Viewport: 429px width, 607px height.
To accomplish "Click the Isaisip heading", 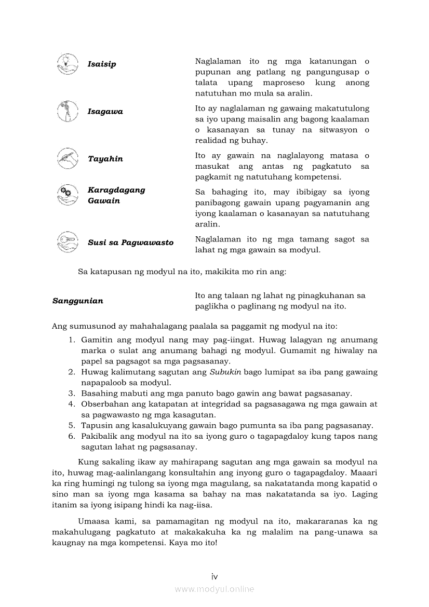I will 102,64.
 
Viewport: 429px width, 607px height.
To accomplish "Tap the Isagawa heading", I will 105,112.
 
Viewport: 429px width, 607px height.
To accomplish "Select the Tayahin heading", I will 105,159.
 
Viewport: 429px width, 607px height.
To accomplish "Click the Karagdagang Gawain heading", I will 116,195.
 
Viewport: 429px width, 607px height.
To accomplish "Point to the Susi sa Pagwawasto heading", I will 130,242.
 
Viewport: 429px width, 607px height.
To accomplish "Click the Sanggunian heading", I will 78,301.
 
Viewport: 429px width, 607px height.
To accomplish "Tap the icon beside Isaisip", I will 67,64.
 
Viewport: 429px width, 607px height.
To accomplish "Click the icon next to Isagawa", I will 67,111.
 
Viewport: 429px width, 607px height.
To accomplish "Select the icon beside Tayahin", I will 67,158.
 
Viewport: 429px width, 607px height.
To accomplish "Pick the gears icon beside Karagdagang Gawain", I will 67,194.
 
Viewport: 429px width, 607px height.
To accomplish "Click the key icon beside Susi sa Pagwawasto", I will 67,242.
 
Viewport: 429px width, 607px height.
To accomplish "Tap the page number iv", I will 214,576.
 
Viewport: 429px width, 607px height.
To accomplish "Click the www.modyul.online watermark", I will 214,589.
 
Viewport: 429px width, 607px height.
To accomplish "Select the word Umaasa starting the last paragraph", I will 94,521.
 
